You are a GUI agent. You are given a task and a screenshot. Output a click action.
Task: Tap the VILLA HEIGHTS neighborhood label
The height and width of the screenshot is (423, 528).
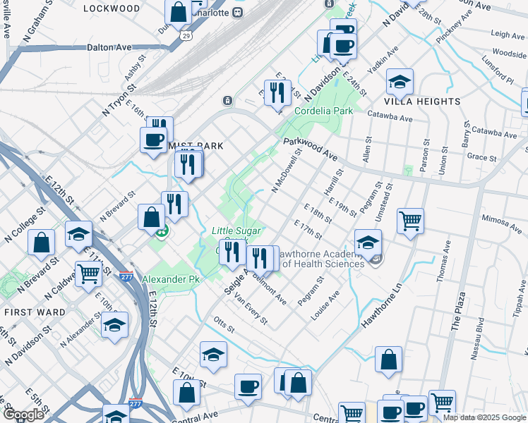tap(424, 102)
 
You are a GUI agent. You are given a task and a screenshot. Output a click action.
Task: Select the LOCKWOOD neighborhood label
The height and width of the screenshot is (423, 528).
tap(112, 8)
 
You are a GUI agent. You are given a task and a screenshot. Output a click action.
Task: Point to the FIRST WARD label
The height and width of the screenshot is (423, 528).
tap(29, 312)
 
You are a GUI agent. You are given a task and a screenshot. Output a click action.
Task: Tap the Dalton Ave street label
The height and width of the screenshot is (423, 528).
tap(109, 47)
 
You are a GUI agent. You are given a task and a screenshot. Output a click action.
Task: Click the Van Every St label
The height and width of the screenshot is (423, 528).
tap(251, 309)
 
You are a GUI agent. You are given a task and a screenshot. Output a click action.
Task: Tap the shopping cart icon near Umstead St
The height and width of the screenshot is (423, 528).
tap(410, 221)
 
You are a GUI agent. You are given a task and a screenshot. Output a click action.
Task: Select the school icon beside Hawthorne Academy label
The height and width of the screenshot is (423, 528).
tap(368, 243)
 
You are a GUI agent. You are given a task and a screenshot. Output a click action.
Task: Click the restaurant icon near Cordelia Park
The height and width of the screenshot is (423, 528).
tap(277, 92)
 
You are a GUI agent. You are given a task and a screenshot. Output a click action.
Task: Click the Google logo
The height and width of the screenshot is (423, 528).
tap(23, 415)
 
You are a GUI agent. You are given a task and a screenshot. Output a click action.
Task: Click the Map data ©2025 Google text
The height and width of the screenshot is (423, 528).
tap(484, 417)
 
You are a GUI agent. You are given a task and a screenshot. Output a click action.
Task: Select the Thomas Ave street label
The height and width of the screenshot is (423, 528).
tap(446, 259)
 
